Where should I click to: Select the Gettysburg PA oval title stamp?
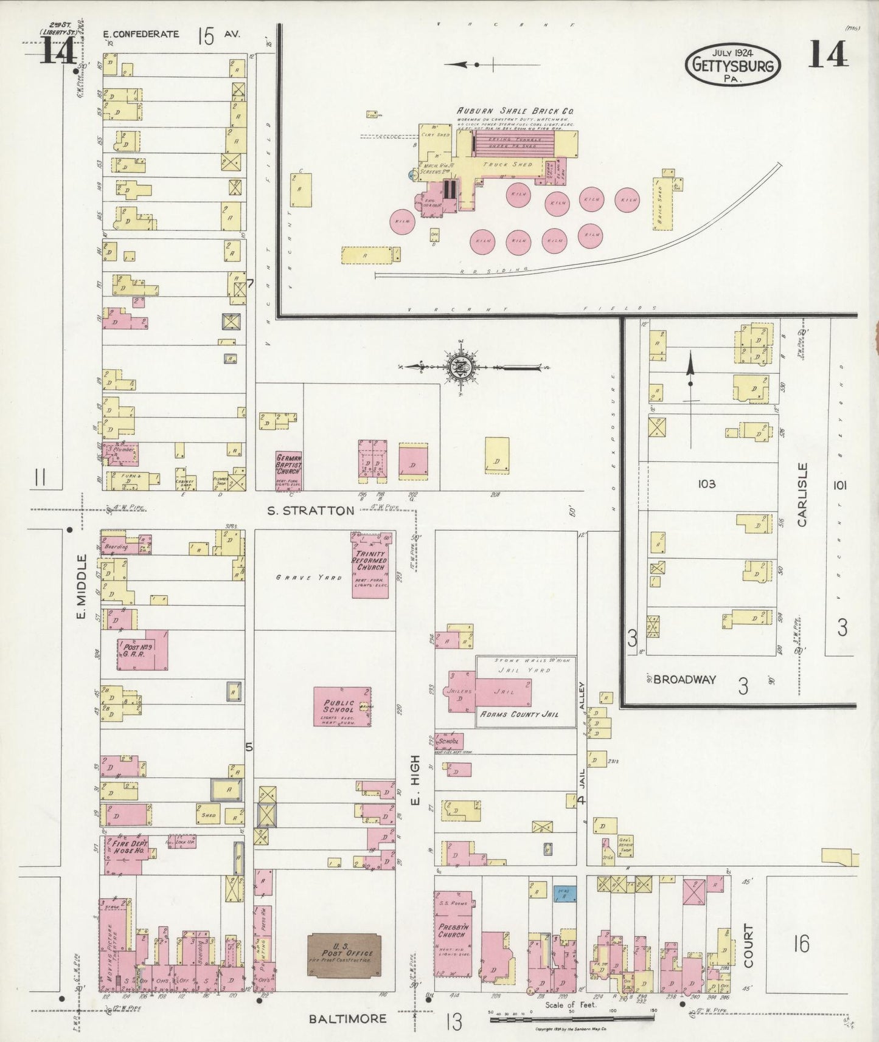pyautogui.click(x=733, y=64)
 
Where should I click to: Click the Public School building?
pyautogui.click(x=342, y=706)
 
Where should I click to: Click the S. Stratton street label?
pyautogui.click(x=311, y=511)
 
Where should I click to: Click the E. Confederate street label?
pyautogui.click(x=141, y=35)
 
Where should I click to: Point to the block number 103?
pyautogui.click(x=706, y=484)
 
